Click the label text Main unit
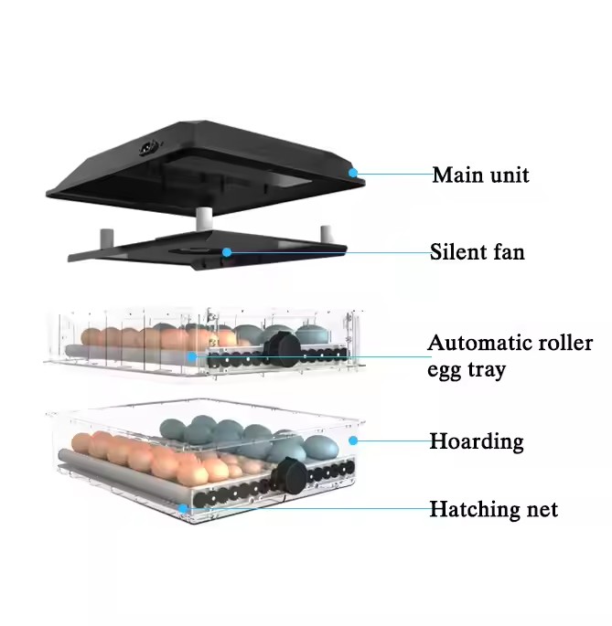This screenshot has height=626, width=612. (480, 175)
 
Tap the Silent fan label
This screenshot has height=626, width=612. (477, 252)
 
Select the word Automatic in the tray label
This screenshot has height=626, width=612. (478, 343)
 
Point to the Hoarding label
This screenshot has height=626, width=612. (477, 441)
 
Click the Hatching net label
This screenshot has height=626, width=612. (493, 509)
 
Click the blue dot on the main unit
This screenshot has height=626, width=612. (353, 173)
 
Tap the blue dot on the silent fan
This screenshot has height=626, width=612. (227, 252)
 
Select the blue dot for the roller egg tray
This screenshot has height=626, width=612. (192, 356)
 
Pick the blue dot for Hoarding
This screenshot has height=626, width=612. (353, 440)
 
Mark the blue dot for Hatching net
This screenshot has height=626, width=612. (183, 509)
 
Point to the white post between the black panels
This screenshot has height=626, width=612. (204, 218)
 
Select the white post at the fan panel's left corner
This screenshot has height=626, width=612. (107, 238)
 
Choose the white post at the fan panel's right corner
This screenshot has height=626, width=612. (327, 234)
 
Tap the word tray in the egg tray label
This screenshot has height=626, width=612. (487, 370)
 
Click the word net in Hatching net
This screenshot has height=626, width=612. (542, 510)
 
